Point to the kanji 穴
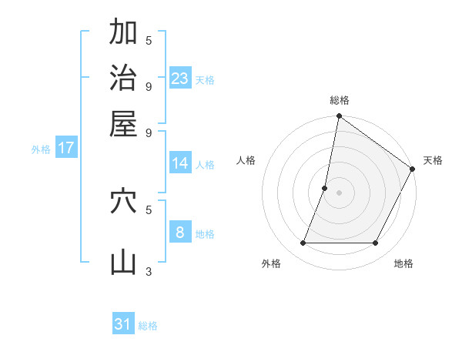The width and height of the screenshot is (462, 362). click(x=123, y=202)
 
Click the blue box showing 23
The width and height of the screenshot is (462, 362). click(x=180, y=78)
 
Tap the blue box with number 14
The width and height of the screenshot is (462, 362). click(x=180, y=163)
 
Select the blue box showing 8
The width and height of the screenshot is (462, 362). click(x=180, y=232)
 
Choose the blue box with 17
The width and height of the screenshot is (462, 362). click(x=65, y=148)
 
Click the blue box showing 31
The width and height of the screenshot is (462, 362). click(x=123, y=324)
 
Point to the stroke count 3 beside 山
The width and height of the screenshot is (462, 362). click(x=149, y=270)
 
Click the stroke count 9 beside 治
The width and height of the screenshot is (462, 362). click(x=149, y=85)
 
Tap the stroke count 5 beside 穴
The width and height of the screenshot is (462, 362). click(x=149, y=209)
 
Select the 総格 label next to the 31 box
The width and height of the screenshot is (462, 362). click(x=148, y=326)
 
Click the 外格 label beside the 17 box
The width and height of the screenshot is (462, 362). click(x=41, y=149)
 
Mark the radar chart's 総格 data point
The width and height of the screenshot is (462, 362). click(x=339, y=117)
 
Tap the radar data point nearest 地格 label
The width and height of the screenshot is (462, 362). click(x=376, y=243)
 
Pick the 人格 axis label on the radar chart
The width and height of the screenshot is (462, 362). click(x=246, y=160)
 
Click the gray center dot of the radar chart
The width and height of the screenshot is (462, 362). click(x=339, y=193)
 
